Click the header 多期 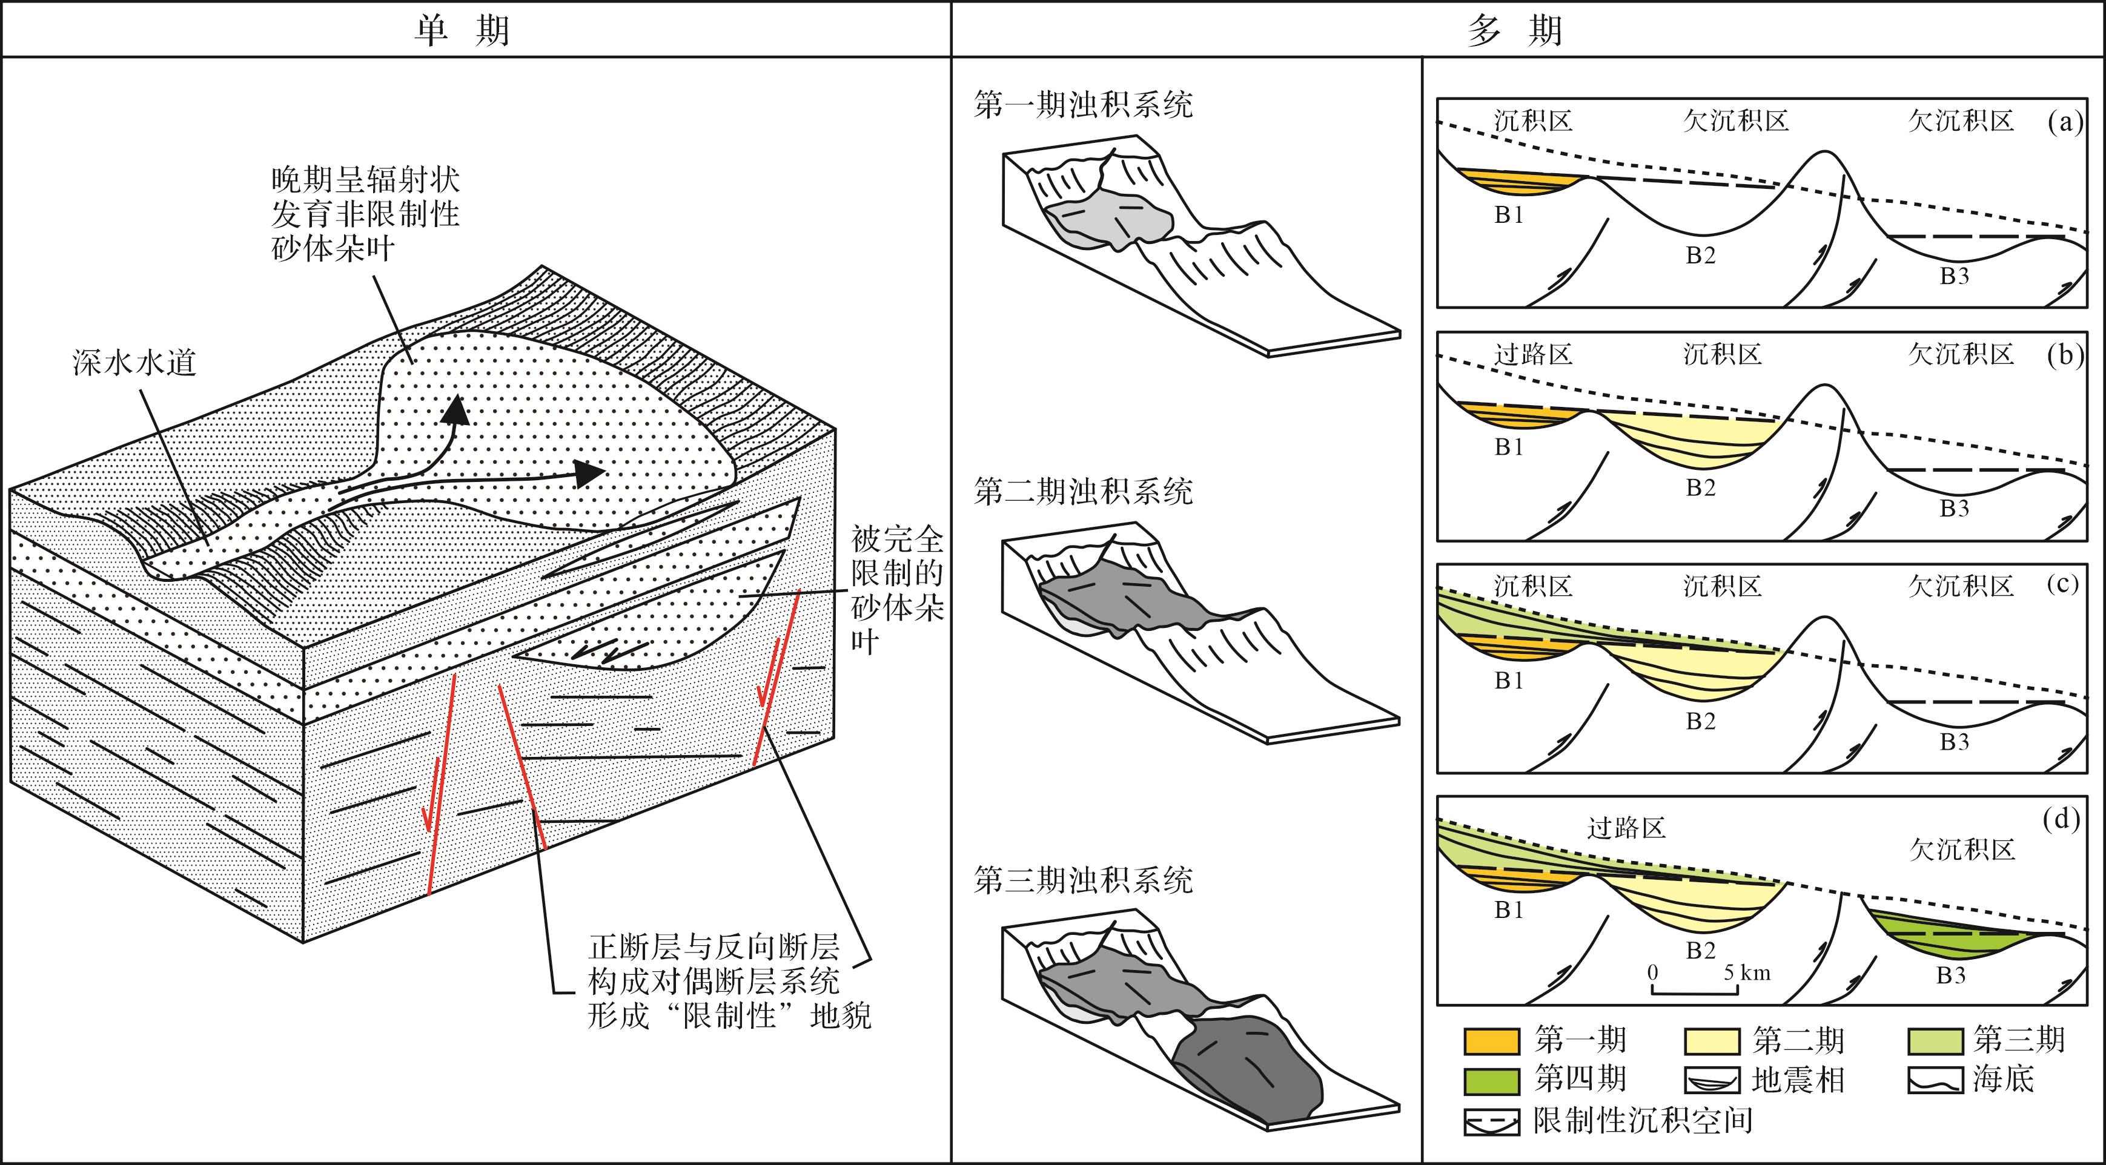coord(1515,31)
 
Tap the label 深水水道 coord(135,362)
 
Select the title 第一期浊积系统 coord(1083,105)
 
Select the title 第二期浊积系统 coord(1083,491)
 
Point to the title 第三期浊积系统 coord(1083,880)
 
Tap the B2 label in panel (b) coord(1701,488)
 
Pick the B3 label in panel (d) coord(1951,975)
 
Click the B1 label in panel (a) coord(1509,215)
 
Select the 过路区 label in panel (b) coord(1533,354)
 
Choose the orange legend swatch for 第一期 coord(1491,1041)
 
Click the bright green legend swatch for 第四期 coord(1491,1081)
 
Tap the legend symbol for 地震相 coord(1711,1081)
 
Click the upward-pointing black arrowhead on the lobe coord(455,409)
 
